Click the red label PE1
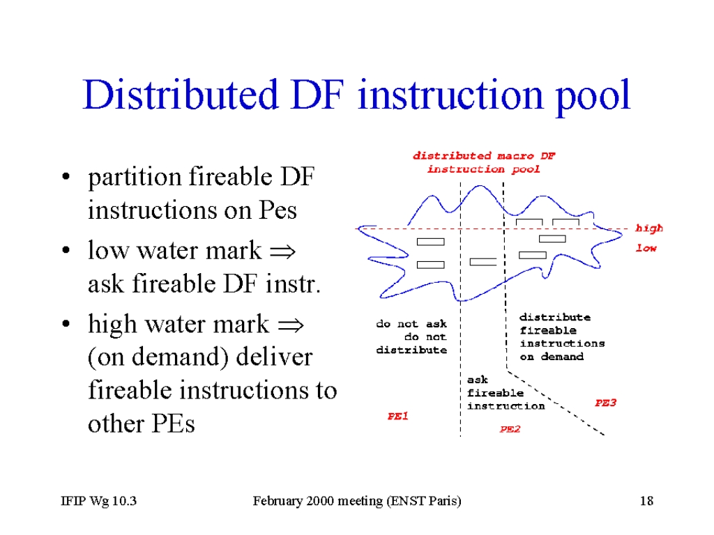pyautogui.click(x=397, y=416)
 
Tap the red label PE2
pyautogui.click(x=510, y=429)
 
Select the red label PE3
pyautogui.click(x=605, y=403)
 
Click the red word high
pyautogui.click(x=649, y=228)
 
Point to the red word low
pyautogui.click(x=646, y=248)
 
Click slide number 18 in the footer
pyautogui.click(x=646, y=501)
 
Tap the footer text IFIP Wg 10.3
pyautogui.click(x=99, y=501)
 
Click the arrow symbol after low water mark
pyautogui.click(x=283, y=251)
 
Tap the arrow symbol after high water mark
pyautogui.click(x=291, y=325)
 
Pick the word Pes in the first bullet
pyautogui.click(x=278, y=210)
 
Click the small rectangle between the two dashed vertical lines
pyautogui.click(x=483, y=262)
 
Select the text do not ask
pyautogui.click(x=411, y=324)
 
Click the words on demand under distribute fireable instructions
pyautogui.click(x=552, y=357)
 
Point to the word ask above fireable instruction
pyautogui.click(x=477, y=380)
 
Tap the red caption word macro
pyautogui.click(x=515, y=155)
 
